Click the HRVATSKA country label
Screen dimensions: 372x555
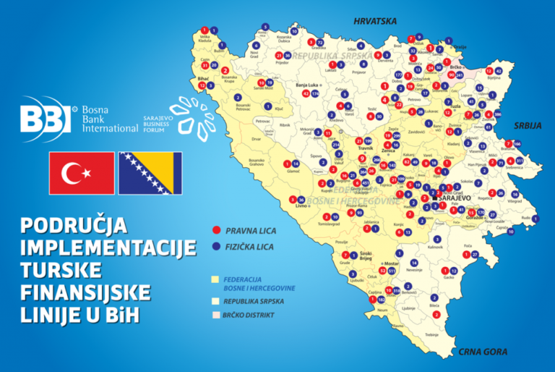(375, 21)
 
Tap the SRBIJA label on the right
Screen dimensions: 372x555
(528, 125)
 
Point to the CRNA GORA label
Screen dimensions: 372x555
(483, 352)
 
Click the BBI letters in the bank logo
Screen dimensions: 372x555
(45, 119)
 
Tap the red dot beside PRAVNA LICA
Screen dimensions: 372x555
(215, 231)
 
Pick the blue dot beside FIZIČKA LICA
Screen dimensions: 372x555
(215, 246)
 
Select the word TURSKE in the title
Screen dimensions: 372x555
(64, 270)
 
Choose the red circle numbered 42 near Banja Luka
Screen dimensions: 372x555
(305, 93)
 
